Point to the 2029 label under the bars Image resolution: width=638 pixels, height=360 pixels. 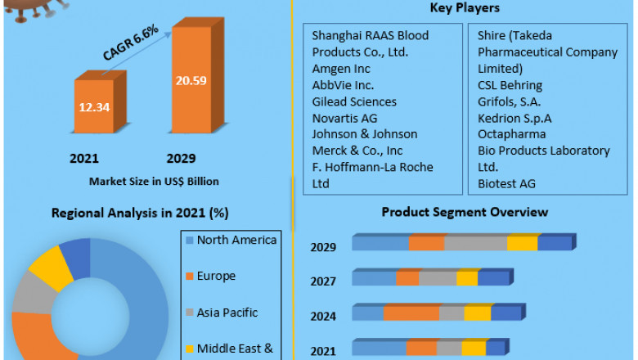coord(181,157)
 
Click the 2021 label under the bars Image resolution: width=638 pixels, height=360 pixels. coord(84,157)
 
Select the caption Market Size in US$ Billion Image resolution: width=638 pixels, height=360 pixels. coord(154,181)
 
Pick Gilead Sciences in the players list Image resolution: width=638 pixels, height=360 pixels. coord(354,101)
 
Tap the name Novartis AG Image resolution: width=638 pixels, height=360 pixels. coord(345,118)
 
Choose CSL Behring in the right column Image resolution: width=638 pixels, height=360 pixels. coord(510,85)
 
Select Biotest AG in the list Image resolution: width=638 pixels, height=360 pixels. coord(506,183)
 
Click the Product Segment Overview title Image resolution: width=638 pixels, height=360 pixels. coord(465,212)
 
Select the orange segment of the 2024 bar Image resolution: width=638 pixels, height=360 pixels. coord(411,313)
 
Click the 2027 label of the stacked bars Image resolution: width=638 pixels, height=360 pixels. coord(322,281)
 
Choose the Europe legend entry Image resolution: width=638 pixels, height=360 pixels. coord(216,276)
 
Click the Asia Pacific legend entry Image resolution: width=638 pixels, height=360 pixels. coord(227,312)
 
